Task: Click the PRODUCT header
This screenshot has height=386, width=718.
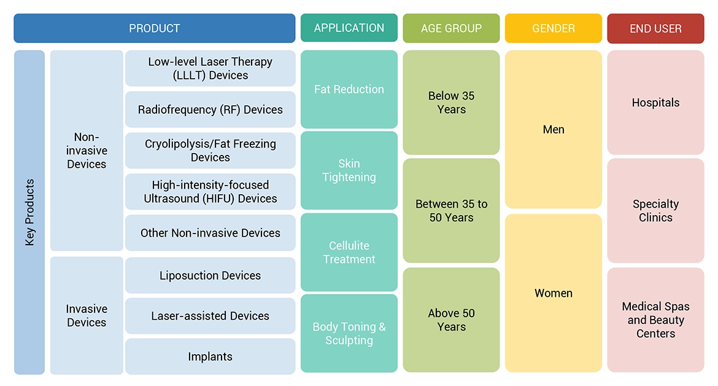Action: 154,28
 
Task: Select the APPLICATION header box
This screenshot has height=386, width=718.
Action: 349,28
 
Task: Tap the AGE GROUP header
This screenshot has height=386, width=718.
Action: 451,28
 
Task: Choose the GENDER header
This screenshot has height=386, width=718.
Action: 554,28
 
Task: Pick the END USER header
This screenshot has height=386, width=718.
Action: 655,28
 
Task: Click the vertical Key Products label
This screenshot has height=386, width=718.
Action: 29,212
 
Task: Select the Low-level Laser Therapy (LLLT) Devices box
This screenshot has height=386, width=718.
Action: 210,68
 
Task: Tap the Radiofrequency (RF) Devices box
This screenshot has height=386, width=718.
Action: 210,109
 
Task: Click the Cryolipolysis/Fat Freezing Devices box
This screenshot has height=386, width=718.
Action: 210,151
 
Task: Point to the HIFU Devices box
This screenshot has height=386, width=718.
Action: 210,192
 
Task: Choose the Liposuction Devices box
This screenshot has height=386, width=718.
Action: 210,275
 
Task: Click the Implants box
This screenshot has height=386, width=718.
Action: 210,356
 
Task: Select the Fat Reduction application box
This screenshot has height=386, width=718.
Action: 349,89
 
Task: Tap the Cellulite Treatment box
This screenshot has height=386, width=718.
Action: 349,252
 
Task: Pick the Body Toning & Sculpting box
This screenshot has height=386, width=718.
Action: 349,333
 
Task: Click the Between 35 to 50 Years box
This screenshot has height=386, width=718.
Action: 451,211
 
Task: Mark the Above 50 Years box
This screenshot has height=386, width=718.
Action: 451,320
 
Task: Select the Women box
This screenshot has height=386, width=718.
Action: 554,293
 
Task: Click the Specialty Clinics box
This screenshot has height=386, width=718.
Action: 655,211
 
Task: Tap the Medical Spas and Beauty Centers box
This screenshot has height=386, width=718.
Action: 655,320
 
